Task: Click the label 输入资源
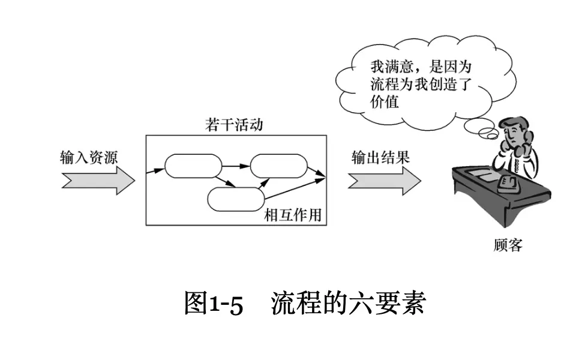tap(89, 158)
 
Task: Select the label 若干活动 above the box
tap(234, 126)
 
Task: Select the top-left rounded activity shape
tap(193, 166)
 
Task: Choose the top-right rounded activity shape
tap(279, 166)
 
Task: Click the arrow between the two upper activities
tap(236, 163)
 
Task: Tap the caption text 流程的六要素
tap(348, 304)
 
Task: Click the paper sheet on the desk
tap(480, 175)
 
